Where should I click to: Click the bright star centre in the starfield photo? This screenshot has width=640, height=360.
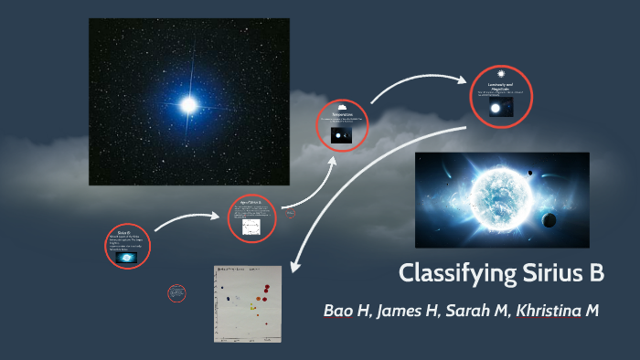188,105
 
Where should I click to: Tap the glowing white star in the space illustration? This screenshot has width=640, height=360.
495,194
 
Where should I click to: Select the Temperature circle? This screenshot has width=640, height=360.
342,125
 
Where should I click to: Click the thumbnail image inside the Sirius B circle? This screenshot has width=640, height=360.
128,259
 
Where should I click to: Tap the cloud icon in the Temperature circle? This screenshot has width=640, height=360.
342,107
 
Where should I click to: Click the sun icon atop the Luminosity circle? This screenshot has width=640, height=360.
501,73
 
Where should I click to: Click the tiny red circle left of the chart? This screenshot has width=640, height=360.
177,293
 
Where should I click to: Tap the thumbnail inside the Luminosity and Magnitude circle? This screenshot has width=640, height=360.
501,109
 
